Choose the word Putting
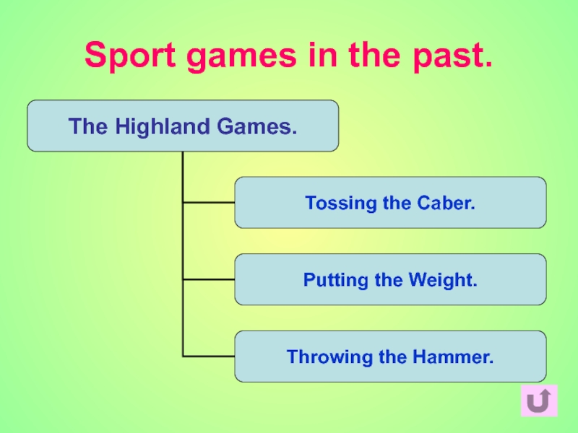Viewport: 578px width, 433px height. pyautogui.click(x=333, y=280)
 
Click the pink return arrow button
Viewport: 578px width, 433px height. pyautogui.click(x=538, y=401)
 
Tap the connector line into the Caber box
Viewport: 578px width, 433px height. pyautogui.click(x=209, y=203)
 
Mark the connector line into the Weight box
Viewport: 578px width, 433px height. pyautogui.click(x=209, y=279)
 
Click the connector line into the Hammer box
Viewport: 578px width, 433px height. pyautogui.click(x=209, y=356)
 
